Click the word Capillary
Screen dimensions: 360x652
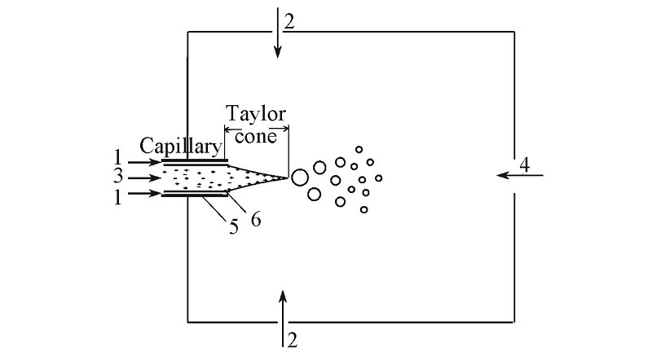(180, 147)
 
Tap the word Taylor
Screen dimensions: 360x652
(256, 112)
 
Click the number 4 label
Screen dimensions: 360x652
(524, 165)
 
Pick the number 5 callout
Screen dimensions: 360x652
(234, 226)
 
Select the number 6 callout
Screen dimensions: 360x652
(255, 218)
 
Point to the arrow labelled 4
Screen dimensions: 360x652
(513, 174)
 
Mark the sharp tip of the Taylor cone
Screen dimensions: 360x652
(288, 177)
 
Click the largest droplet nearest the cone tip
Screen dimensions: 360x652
(301, 177)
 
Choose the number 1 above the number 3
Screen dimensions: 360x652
(118, 155)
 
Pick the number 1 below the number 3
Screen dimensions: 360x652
(118, 197)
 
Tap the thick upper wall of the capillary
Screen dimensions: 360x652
(195, 161)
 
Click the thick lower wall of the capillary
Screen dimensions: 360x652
(195, 194)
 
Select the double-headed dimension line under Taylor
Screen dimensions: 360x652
(256, 127)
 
